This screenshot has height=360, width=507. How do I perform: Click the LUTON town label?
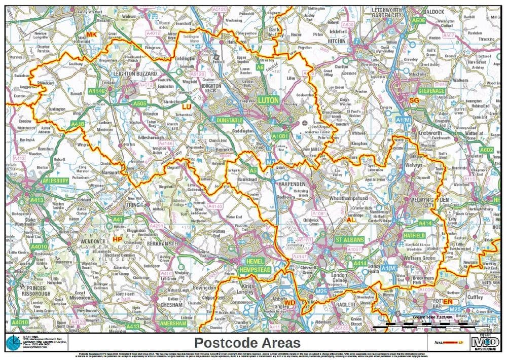click(268, 100)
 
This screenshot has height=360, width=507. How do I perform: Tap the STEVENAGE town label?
click(431, 90)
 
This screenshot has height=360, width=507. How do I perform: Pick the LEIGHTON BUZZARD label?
click(130, 74)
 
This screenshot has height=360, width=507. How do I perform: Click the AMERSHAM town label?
click(170, 323)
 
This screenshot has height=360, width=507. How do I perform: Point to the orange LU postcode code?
click(186, 107)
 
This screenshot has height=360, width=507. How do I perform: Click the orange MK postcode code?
click(91, 34)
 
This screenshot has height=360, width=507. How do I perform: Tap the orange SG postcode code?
click(414, 101)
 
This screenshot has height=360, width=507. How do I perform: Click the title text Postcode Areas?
click(247, 343)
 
